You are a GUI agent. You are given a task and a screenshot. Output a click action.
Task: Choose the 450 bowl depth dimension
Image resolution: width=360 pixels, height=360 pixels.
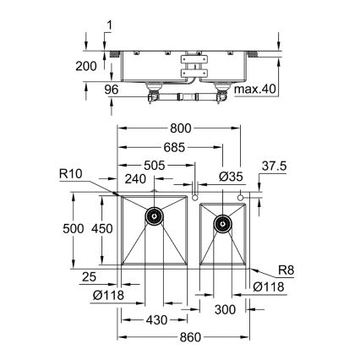click(102, 228)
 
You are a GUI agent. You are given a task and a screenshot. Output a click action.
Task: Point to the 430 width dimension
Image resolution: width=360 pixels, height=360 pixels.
click(155, 319)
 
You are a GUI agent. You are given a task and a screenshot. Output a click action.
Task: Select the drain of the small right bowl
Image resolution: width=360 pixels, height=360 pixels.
click(222, 225)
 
